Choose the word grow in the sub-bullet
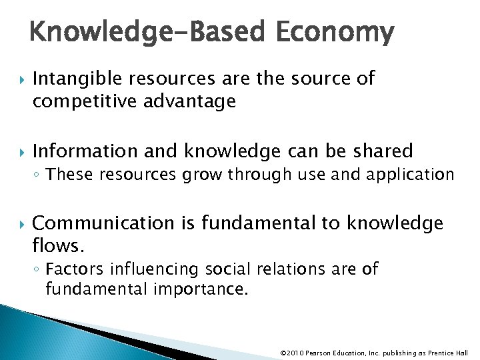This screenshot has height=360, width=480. [x=204, y=175]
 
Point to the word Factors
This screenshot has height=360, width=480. [x=74, y=269]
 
